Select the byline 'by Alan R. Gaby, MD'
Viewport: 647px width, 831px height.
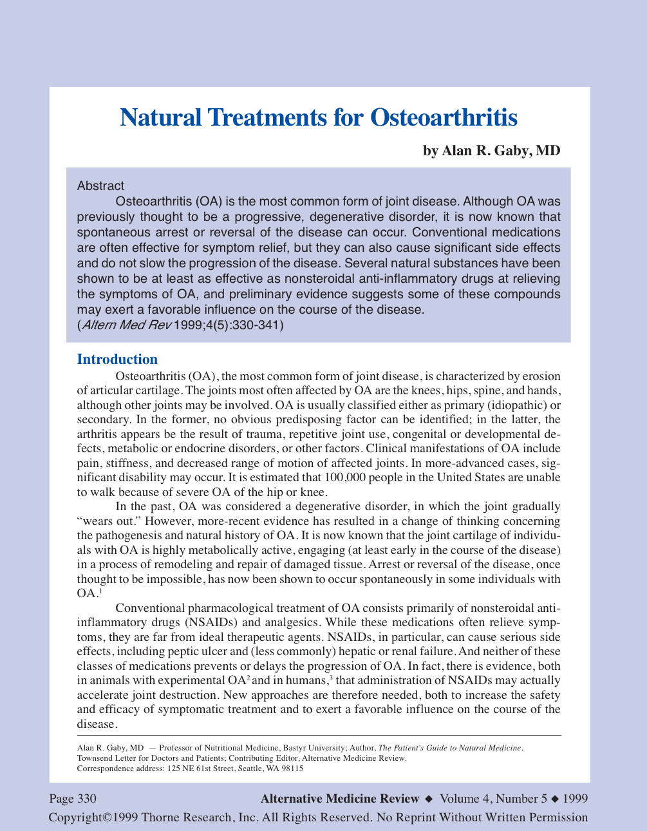coord(491,151)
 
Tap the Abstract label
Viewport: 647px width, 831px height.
coord(100,186)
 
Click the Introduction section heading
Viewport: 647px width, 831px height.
coord(117,359)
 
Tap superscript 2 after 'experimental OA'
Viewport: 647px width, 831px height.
coord(248,678)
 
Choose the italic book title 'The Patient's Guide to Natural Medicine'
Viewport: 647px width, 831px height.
coord(449,748)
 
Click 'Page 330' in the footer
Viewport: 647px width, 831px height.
coord(73,799)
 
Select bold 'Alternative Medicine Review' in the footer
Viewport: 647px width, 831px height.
coord(339,799)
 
